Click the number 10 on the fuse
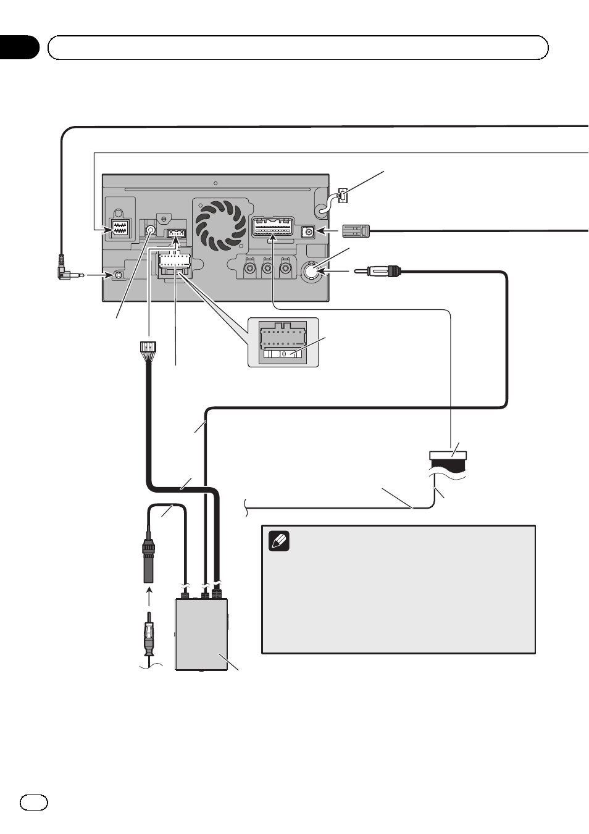[x=282, y=353]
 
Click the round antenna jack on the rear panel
[x=314, y=272]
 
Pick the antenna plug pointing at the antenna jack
[x=377, y=272]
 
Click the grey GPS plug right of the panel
[x=356, y=231]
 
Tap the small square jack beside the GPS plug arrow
[x=308, y=232]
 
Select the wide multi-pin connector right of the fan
[x=273, y=227]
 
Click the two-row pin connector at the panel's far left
[x=119, y=232]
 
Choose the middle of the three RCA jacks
[x=267, y=267]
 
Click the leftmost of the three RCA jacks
[x=249, y=267]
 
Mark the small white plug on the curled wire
[x=342, y=196]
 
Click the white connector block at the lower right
[x=448, y=456]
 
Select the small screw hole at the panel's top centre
[x=215, y=183]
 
